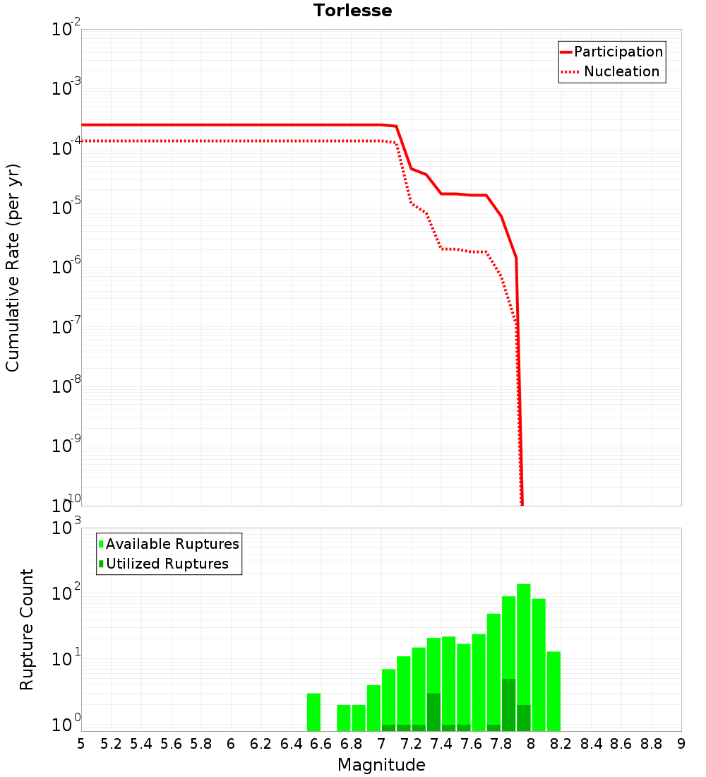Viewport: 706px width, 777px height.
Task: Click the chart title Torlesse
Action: click(x=352, y=11)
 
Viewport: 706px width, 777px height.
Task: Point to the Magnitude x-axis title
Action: click(x=381, y=765)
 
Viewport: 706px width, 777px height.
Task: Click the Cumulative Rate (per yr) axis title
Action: click(x=13, y=268)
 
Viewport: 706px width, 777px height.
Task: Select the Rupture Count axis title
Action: click(x=27, y=629)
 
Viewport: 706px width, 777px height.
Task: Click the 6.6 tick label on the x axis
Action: click(x=321, y=744)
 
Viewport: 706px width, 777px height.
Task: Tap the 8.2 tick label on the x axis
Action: click(x=561, y=744)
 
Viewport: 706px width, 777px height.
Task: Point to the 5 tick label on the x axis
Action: click(x=81, y=744)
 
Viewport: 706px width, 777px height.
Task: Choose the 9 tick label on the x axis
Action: click(x=681, y=744)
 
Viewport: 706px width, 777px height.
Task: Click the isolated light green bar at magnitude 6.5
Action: click(x=313, y=712)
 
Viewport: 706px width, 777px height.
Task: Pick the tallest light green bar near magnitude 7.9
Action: click(x=523, y=657)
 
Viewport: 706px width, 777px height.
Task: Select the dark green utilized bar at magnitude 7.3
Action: click(x=433, y=712)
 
